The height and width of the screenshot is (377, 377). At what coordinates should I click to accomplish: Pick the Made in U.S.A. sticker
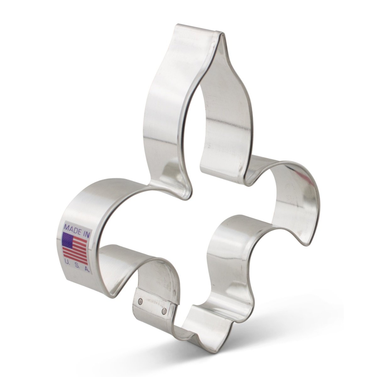76,247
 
